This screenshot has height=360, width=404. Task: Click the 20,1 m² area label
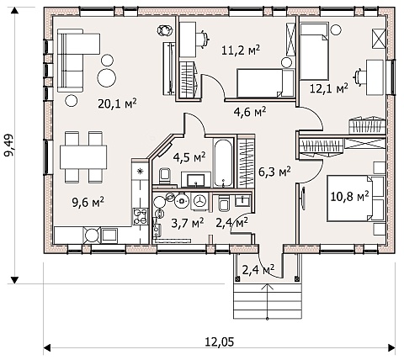pos(117,103)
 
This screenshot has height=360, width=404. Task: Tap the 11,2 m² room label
pos(241,50)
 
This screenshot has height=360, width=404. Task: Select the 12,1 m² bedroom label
pos(329,88)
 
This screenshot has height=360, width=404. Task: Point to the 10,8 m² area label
pos(349,197)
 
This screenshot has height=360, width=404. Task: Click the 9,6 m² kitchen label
pos(88,202)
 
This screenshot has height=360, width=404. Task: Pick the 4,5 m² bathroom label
pos(189,157)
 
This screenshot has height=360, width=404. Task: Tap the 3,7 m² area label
pos(188,224)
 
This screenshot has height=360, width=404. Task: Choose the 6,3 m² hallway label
pos(274,172)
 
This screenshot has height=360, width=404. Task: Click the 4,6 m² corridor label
pos(250,112)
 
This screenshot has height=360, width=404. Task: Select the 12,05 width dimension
pos(220,341)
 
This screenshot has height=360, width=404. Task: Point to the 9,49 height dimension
pos(10,146)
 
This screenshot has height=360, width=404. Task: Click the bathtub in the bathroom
pos(223,162)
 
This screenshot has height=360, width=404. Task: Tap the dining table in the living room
pos(83,156)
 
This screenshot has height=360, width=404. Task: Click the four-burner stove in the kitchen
pos(141,216)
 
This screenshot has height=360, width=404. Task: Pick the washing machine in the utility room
pos(199,201)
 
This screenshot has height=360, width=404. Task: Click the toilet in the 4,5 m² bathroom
pos(165,176)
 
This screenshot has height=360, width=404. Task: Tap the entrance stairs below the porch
pos(268,301)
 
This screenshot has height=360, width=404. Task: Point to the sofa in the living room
pos(74,61)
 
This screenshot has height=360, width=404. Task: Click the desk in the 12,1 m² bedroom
pos(375,77)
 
